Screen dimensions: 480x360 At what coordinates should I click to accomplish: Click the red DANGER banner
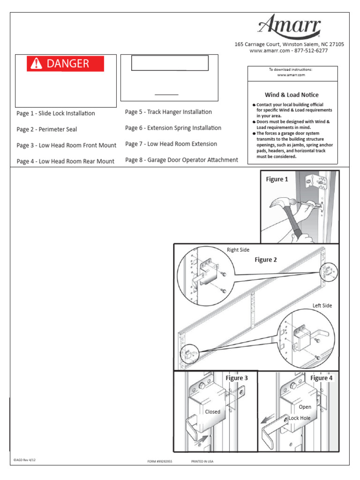[65, 64]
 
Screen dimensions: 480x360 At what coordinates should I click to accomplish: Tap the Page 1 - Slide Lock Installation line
[55, 113]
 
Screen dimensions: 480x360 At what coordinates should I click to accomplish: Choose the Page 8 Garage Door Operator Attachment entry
[181, 160]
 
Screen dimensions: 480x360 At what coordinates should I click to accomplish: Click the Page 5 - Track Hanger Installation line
[168, 112]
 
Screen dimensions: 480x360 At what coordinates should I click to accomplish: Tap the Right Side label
[238, 250]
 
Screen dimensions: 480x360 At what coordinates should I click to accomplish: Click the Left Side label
[322, 306]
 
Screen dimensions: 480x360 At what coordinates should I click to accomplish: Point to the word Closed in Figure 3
[212, 412]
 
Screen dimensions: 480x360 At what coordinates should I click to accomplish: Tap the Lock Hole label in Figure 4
[300, 418]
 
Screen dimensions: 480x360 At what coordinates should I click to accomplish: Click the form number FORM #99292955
[160, 461]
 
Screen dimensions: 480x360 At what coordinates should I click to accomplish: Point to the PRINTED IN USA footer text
[202, 461]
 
